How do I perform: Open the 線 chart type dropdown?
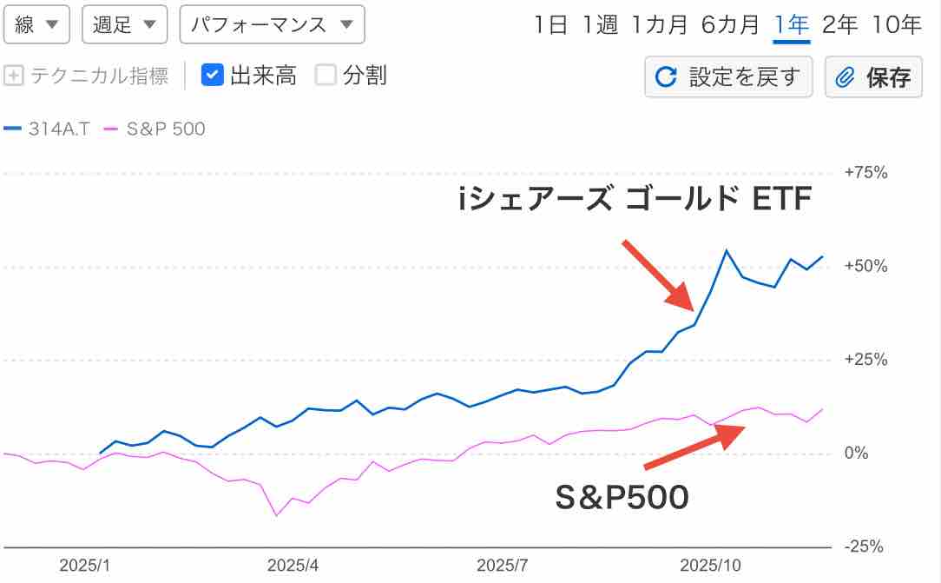pyautogui.click(x=37, y=25)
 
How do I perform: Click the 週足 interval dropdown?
pyautogui.click(x=124, y=25)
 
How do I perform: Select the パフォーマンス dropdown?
pyautogui.click(x=272, y=25)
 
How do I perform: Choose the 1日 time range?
pyautogui.click(x=550, y=25)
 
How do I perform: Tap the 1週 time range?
pyautogui.click(x=600, y=25)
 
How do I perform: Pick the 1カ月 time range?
pyautogui.click(x=660, y=25)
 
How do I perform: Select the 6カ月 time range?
pyautogui.click(x=730, y=25)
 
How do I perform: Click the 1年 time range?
pyautogui.click(x=791, y=25)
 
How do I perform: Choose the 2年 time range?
pyautogui.click(x=839, y=25)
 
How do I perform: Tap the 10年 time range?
pyautogui.click(x=897, y=25)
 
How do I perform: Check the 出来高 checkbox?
pyautogui.click(x=214, y=76)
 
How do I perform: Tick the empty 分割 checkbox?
pyautogui.click(x=326, y=76)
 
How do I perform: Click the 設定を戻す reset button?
pyautogui.click(x=728, y=77)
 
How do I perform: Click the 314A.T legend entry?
pyautogui.click(x=47, y=129)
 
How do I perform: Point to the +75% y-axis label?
pyautogui.click(x=865, y=173)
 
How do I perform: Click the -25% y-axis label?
pyautogui.click(x=864, y=547)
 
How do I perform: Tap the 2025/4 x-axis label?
pyautogui.click(x=293, y=566)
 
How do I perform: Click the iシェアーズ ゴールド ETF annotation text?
pyautogui.click(x=635, y=201)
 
